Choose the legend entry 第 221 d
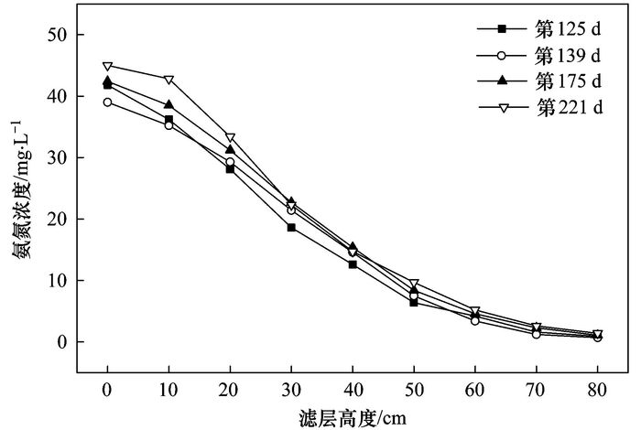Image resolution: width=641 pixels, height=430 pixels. coord(568,108)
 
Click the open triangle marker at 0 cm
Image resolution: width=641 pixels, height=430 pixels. coord(107,66)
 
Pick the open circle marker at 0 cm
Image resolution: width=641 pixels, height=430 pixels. coord(107,102)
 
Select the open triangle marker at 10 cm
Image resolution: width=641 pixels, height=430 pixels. coord(168,80)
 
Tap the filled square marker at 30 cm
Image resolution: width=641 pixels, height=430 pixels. coord(291,227)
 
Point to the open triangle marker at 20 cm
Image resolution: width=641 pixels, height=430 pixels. coord(230,137)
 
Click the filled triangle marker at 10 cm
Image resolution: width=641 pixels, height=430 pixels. coord(168,105)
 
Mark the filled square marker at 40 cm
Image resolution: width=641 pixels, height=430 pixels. coord(353,264)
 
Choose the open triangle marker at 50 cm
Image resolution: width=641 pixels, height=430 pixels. coord(414,284)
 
